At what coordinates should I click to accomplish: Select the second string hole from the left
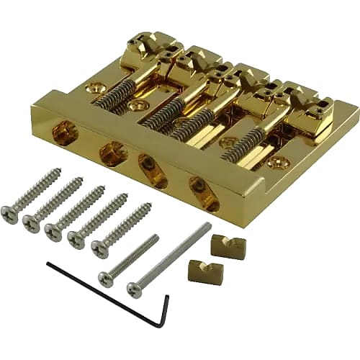pyautogui.click(x=113, y=152)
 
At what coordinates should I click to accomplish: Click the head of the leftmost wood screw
pyautogui.click(x=10, y=215)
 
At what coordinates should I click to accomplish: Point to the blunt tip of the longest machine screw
pyautogui.click(x=209, y=225)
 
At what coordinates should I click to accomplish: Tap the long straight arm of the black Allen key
pyautogui.click(x=101, y=292)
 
